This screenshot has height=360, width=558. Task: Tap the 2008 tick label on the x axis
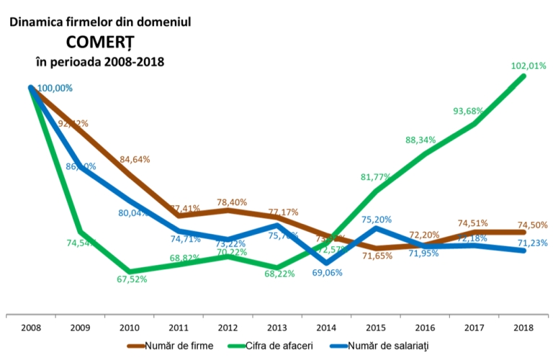[31, 328]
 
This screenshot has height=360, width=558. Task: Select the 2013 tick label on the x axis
[277, 328]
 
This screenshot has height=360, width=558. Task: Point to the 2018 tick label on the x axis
[523, 328]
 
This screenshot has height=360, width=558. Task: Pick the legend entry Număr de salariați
[386, 346]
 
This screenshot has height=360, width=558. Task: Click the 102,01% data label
[528, 66]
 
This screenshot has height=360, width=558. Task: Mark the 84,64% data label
[134, 159]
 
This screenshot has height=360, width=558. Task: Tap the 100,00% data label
[55, 88]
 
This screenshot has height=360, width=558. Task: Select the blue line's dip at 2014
[326, 262]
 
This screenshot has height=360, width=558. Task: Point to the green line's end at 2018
[523, 76]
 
